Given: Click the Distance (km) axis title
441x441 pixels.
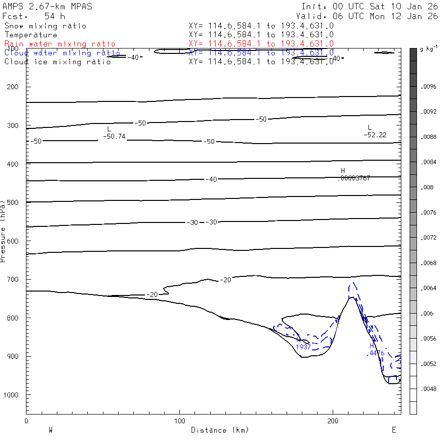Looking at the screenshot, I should coord(220,430).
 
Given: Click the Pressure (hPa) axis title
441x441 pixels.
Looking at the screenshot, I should coord(3,230).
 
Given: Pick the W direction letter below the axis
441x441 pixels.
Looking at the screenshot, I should coord(50,430).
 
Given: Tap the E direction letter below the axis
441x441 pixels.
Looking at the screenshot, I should coord(393,430).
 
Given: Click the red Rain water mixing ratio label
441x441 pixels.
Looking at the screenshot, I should coord(60,44).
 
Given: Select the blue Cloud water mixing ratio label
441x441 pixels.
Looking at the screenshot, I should coord(62,53).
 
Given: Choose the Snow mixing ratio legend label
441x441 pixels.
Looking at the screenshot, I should coord(45,26).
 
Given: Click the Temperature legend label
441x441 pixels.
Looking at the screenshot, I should coord(31,35).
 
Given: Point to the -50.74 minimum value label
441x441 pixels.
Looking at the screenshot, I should coord(115,136).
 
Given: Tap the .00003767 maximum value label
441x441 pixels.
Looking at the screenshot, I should coord(354,178).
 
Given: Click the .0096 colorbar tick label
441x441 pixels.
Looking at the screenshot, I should coord(429,87).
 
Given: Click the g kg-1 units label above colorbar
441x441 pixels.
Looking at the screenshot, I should coord(428,49).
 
